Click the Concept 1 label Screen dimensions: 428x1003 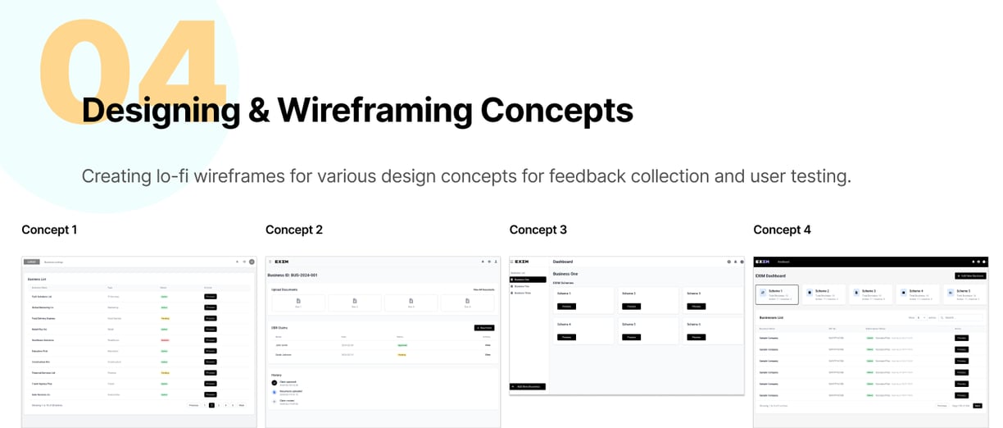49,230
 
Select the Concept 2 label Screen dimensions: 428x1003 294,230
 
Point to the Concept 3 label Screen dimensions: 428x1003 538,230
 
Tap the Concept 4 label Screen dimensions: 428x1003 782,230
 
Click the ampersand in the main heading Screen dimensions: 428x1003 259,110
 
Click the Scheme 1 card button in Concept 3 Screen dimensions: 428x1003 566,306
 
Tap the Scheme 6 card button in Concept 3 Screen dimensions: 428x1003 696,336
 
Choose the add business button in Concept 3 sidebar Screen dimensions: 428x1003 527,386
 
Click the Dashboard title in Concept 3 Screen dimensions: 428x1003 564,262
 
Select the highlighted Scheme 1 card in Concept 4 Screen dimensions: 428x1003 777,294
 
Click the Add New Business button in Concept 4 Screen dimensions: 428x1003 970,275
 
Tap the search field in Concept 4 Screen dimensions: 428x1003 964,316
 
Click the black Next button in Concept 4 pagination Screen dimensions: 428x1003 977,405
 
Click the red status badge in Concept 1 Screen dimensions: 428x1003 165,339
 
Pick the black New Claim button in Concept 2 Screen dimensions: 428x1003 483,327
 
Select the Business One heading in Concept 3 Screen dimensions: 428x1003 565,274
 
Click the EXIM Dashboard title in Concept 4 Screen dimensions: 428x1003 771,275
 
